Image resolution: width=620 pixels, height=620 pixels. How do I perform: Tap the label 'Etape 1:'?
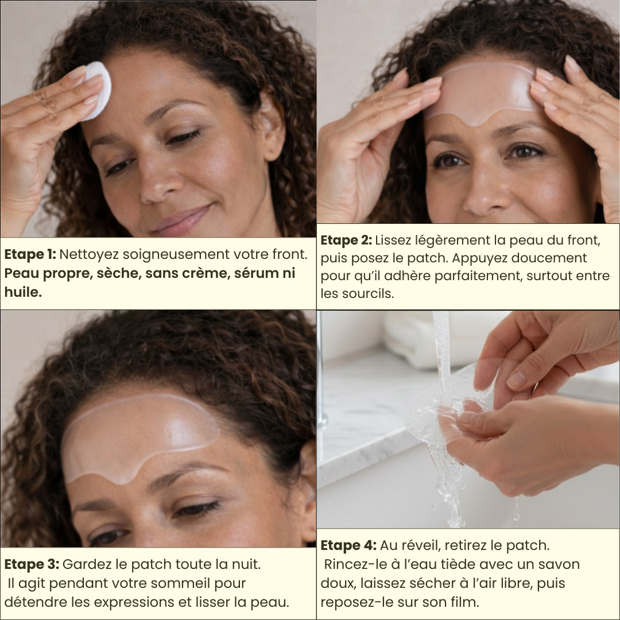30,254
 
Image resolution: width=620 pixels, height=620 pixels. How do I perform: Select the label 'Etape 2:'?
346,240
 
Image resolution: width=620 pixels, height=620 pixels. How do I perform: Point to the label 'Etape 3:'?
32,564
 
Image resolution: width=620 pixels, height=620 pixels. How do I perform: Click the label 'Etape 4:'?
348,545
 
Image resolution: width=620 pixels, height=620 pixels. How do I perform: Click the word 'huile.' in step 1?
24,292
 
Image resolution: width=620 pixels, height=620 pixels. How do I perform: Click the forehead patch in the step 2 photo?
480,95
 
